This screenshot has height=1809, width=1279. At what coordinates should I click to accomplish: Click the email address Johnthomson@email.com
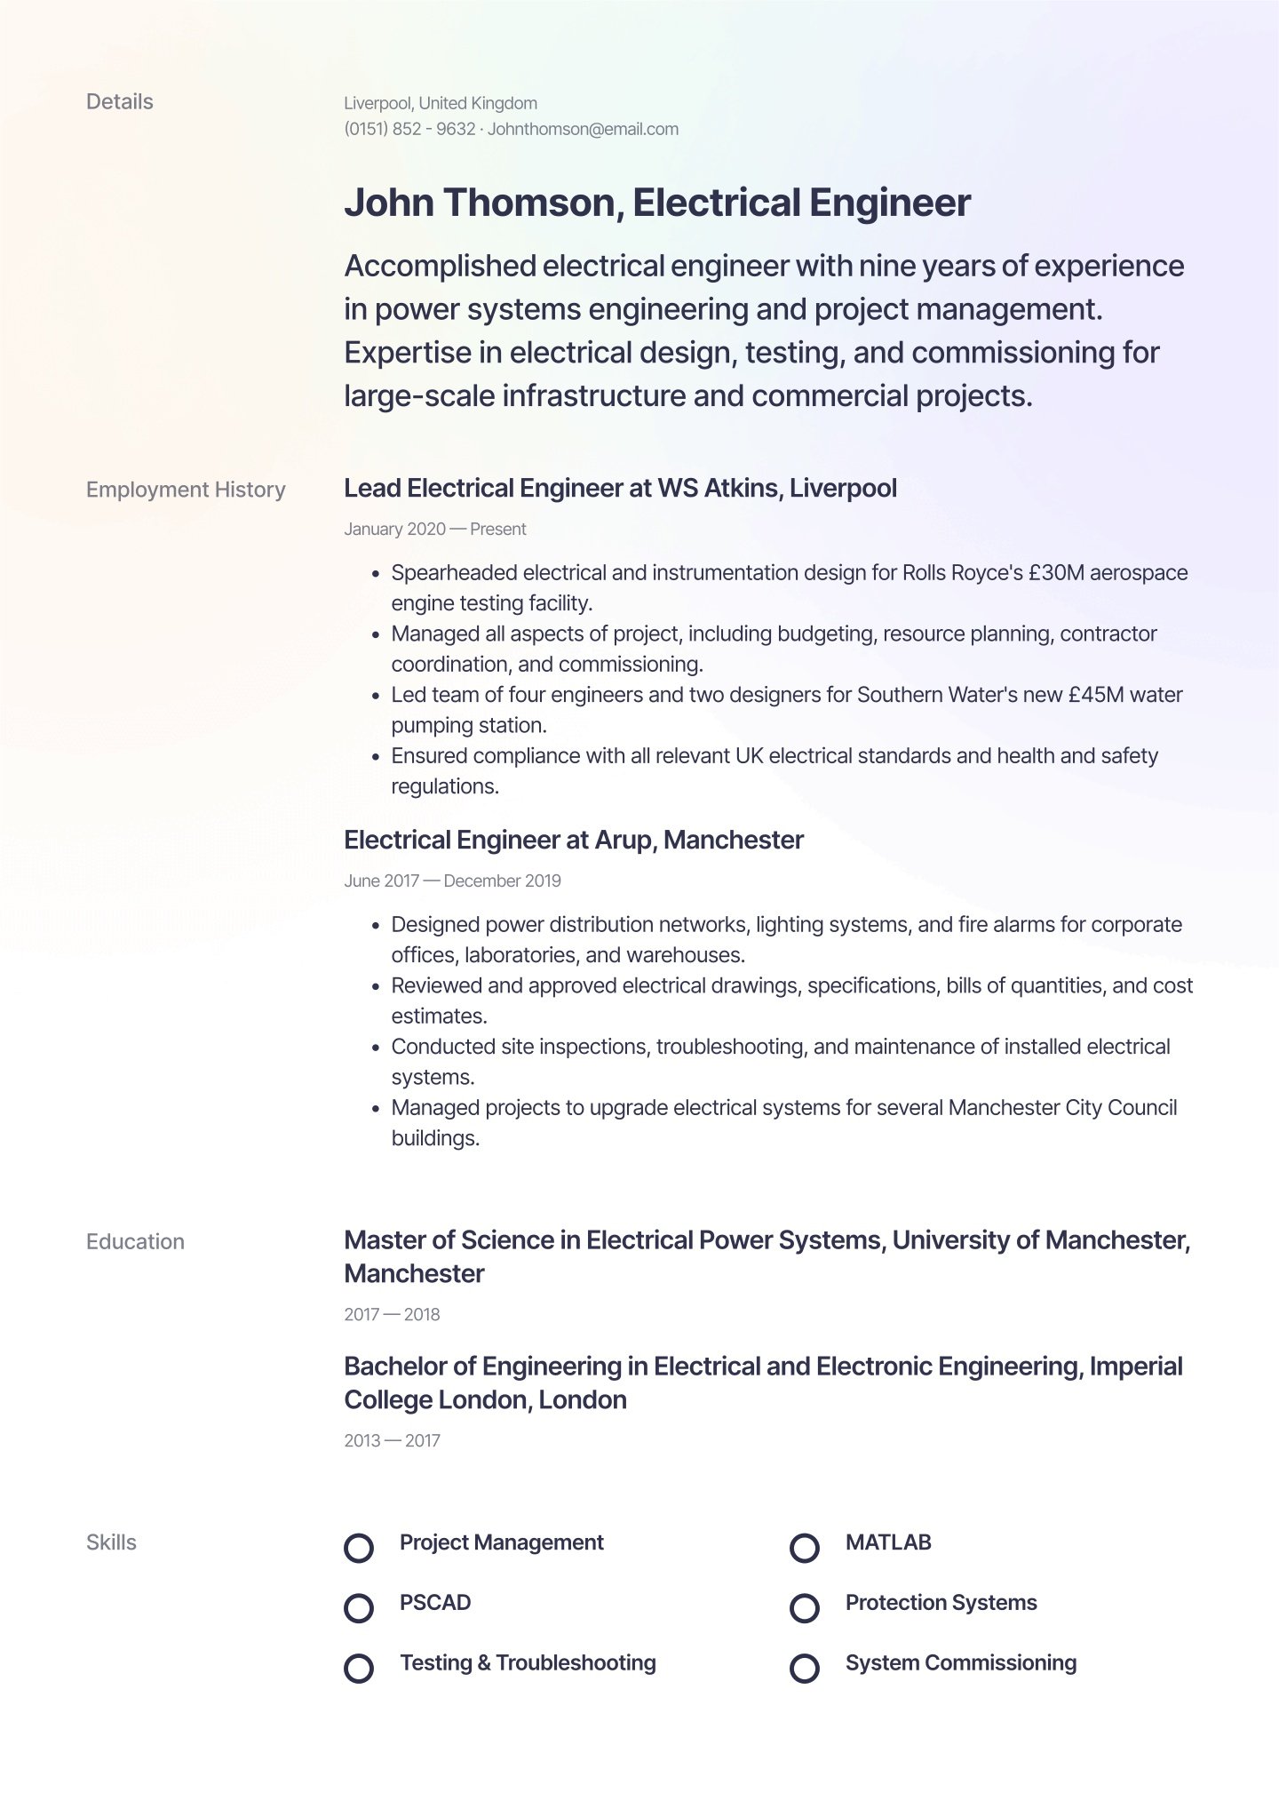583,129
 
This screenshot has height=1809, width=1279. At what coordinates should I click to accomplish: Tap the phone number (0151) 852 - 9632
409,129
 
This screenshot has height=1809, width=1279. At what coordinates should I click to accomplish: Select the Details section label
119,102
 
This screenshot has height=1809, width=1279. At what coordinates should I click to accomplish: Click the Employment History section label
186,490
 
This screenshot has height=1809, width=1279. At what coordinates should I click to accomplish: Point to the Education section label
135,1241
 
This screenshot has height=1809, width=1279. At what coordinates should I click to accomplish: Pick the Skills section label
111,1542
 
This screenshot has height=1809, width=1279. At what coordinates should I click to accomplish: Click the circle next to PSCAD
359,1608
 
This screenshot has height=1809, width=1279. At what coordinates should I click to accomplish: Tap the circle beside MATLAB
804,1548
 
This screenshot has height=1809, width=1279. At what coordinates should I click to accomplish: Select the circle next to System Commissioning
804,1668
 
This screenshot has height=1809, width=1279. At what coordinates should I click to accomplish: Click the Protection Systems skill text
941,1603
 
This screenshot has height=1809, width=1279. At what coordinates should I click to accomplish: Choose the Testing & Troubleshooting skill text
528,1663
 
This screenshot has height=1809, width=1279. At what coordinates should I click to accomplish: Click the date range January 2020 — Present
435,530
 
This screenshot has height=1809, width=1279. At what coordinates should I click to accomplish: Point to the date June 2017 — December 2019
452,881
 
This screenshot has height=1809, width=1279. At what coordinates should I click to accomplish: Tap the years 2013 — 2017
392,1441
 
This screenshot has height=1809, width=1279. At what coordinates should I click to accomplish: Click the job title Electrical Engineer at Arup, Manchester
573,841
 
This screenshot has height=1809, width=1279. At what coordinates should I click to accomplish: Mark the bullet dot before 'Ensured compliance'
376,758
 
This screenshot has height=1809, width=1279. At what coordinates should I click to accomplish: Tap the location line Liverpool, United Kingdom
441,103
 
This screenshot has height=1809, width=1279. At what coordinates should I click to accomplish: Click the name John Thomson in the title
480,203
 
